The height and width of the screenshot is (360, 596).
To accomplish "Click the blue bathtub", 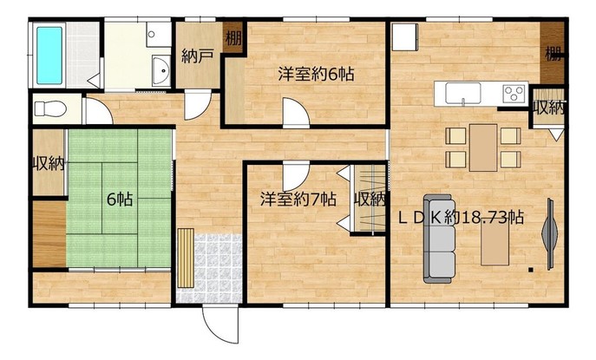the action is pos(49,56).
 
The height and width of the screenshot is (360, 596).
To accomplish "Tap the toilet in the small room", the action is pos(50,108).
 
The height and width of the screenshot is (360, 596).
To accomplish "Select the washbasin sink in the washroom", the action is pos(161,71).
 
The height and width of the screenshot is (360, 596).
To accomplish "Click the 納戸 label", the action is pos(197,56).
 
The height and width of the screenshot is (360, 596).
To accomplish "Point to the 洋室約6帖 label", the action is pos(317,74).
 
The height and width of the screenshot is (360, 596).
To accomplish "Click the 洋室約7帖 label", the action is pos(298,199).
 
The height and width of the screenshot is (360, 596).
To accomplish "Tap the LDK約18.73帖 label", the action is pos(461,218).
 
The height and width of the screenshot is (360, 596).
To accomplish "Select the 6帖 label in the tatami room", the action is pos(120,199).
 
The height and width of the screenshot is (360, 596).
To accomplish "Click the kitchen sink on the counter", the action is pos(463,94).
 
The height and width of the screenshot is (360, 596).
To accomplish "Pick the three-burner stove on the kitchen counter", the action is pos(514,93).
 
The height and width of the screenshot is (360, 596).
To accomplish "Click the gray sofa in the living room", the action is pos(440,239).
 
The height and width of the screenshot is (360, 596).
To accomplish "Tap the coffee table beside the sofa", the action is pos(494,243).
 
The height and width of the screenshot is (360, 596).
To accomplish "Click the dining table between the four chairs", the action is pos(483,147).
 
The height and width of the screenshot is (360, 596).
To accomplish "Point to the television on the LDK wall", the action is pos(550,234).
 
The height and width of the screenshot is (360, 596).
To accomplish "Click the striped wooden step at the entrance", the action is pos(186,258).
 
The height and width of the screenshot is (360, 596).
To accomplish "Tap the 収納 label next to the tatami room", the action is pos(49,164).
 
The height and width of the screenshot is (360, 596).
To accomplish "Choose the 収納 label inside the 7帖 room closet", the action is pos(370,199).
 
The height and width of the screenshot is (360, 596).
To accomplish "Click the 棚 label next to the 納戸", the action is pos(233,38).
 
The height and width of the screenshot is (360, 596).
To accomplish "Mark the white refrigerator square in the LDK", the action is pos(405,37).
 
